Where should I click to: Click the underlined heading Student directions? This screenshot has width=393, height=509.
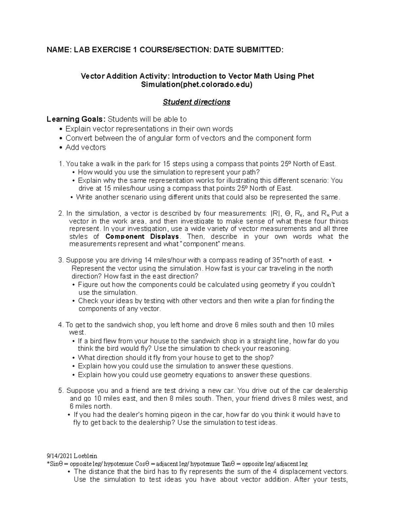pos(196,102)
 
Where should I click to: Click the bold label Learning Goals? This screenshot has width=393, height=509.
pos(76,119)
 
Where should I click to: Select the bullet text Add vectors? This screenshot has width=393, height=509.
pos(85,147)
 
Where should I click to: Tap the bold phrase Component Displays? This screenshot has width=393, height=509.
pos(142,237)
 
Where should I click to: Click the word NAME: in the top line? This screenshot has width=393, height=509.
pos(59,50)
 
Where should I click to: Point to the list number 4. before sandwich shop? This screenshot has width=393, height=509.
pos(61,325)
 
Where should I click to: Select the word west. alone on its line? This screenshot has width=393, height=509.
pos(77,333)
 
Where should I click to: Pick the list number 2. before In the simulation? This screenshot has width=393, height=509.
pos(61,213)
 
